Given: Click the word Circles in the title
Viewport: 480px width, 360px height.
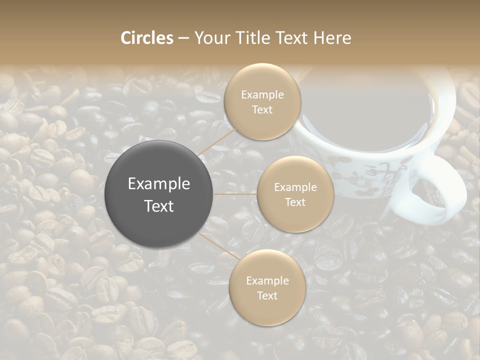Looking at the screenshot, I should click(x=147, y=38).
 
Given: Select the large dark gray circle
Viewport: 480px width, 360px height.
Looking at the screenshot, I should click(x=159, y=194).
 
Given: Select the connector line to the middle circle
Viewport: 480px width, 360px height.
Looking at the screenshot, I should click(x=235, y=194).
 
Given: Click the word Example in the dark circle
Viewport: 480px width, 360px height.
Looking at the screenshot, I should click(x=159, y=184).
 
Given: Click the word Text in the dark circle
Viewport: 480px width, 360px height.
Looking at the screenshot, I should click(x=159, y=206).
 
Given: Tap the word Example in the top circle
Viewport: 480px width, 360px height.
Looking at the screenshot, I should click(x=262, y=95).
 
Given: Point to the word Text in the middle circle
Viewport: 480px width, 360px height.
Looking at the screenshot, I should click(x=295, y=202).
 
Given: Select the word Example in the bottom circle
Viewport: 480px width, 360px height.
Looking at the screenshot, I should click(x=267, y=281).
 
